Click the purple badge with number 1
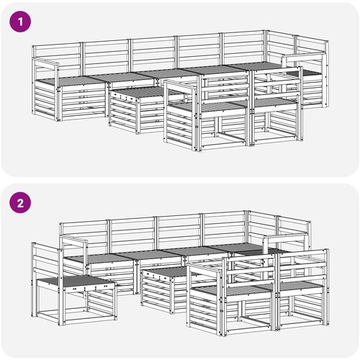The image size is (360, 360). (x=20, y=22)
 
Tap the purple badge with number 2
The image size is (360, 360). (x=20, y=203)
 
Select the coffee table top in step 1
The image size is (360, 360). (x=135, y=92)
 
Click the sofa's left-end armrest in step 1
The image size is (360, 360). (x=45, y=61)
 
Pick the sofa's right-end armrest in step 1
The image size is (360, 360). (x=304, y=58)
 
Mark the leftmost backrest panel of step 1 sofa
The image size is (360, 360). (x=58, y=55)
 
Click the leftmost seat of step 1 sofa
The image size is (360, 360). (x=72, y=81)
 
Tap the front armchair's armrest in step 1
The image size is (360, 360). (x=181, y=86)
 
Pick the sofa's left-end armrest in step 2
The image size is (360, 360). (x=73, y=240)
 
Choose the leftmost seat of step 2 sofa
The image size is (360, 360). (x=99, y=258)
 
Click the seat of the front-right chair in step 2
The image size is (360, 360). (x=300, y=286)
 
